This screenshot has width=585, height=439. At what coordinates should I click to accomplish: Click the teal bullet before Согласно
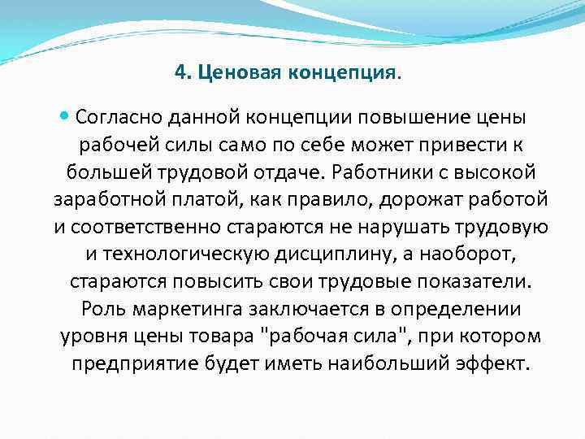[x=65, y=117]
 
